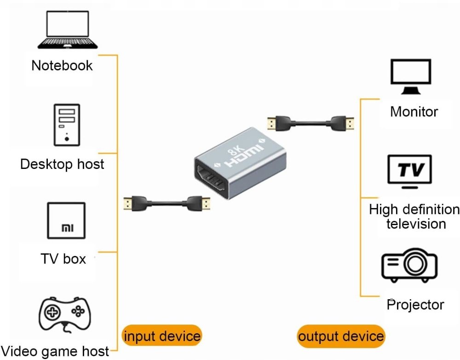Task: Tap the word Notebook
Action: tap(62, 65)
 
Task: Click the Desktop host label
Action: tap(62, 164)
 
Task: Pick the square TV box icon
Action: tap(66, 221)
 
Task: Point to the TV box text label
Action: tap(63, 259)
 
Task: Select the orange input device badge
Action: tap(161, 336)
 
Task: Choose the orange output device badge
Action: tap(340, 336)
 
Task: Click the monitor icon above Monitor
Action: tap(411, 77)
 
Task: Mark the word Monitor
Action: tap(414, 111)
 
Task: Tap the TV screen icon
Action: tap(410, 172)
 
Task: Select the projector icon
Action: tap(409, 266)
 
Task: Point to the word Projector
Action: tap(415, 304)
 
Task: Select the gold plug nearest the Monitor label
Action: tap(351, 123)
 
